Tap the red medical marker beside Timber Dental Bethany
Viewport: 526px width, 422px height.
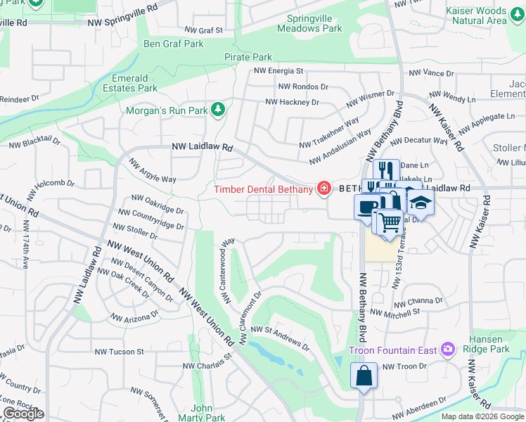(x=323, y=188)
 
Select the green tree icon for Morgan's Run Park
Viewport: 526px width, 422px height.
(x=219, y=109)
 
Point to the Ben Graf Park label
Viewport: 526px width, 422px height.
(x=173, y=44)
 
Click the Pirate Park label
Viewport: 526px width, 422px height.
(x=248, y=57)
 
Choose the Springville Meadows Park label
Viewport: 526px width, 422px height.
(x=309, y=23)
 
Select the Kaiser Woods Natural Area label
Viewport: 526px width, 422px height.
(x=475, y=15)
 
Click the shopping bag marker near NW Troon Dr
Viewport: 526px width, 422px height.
(x=364, y=374)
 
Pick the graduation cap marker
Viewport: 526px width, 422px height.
(x=421, y=202)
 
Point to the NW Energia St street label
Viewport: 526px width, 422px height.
(x=278, y=71)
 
